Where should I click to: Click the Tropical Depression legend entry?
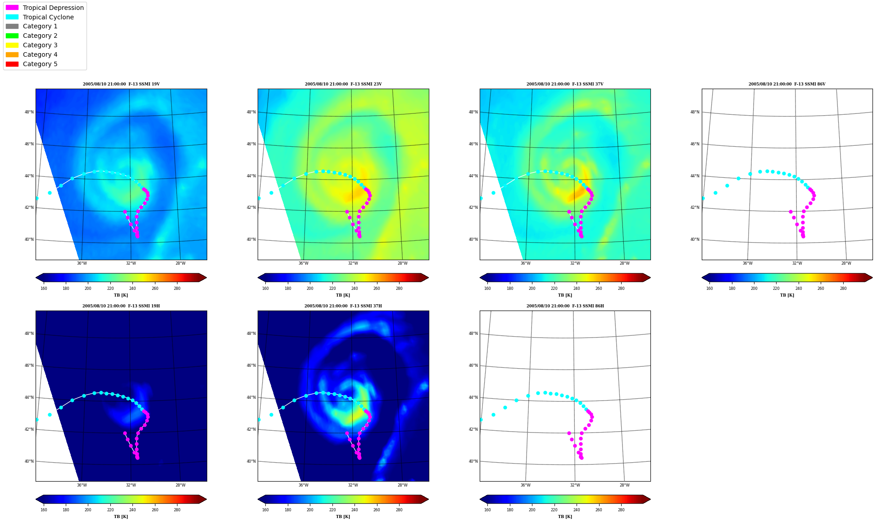[45, 8]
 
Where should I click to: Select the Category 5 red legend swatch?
[12, 64]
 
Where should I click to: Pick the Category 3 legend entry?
[32, 45]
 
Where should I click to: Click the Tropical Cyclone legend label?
[48, 17]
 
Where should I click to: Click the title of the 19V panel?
[121, 84]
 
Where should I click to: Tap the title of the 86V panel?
[787, 84]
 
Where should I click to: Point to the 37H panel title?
[343, 306]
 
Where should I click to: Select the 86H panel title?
[565, 306]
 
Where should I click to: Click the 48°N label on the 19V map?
[29, 112]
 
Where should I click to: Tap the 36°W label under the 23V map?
[303, 263]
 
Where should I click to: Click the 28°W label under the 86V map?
[846, 263]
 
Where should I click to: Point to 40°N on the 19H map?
[29, 461]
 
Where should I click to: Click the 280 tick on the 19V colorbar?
[177, 289]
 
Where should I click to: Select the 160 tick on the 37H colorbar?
[265, 510]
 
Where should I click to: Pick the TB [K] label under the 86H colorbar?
[565, 517]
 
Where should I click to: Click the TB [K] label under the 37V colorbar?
[565, 295]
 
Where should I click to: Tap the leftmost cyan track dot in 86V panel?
[703, 198]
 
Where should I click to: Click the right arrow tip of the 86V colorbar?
[872, 278]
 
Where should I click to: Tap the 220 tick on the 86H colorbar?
[554, 510]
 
